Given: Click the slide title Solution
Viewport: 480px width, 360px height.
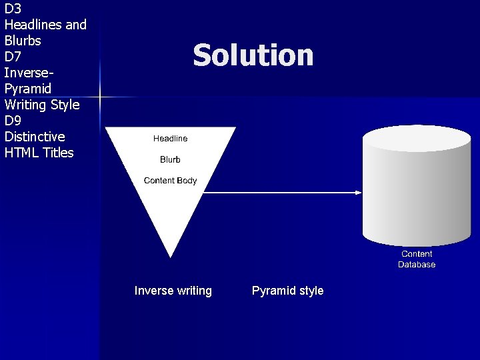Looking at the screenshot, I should pos(253,55).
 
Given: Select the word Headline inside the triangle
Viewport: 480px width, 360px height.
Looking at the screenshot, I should pos(170,139).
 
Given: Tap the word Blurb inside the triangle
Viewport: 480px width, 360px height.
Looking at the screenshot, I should pos(170,160).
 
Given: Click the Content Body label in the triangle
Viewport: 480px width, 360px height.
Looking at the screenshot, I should pos(170,181).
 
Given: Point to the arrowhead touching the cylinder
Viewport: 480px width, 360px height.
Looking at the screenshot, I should pos(358,193).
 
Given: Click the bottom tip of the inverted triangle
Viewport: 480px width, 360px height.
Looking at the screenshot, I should pos(171,255).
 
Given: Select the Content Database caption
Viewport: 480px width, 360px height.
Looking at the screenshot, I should pos(417,259).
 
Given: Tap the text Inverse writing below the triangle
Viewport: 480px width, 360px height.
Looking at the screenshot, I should pos(173,291).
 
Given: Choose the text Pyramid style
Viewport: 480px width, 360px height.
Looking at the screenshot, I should pos(287,291).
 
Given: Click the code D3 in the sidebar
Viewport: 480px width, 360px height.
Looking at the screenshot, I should pos(13,9).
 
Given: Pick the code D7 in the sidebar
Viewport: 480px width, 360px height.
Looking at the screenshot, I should pos(13,57).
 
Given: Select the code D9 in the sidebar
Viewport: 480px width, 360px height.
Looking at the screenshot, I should pos(13,121).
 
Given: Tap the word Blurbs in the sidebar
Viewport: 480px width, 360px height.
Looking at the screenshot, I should pos(23,41).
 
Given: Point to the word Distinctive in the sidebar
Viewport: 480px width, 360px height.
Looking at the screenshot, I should pos(35,137).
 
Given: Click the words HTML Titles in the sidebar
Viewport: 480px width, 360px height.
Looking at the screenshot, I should pos(39,153).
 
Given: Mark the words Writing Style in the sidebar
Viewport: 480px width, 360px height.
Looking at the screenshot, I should pos(41,105).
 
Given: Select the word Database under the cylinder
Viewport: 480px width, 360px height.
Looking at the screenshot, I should pos(417,265).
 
